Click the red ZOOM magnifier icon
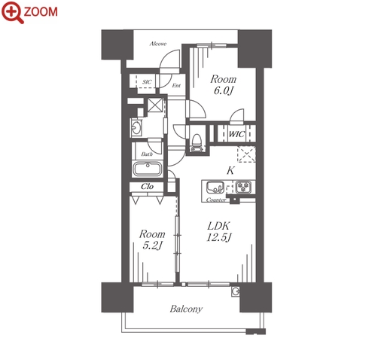13,12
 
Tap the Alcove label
158,44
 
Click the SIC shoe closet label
147,82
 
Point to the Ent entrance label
176,86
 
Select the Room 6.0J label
223,85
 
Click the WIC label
236,134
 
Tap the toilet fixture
197,143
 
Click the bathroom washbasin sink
136,128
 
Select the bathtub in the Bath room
147,169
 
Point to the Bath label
147,154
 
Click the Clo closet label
147,186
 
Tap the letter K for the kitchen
230,170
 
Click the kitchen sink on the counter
215,188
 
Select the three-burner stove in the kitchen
243,187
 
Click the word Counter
216,200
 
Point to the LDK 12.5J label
218,231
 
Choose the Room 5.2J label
152,239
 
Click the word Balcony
186,309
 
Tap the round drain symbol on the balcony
236,291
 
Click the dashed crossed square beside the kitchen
246,154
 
